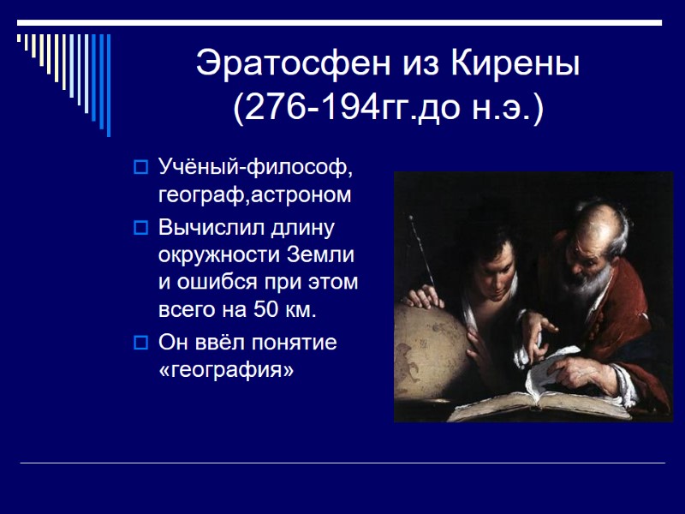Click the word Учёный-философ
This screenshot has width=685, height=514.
coord(255,164)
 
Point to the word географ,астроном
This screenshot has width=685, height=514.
coord(254,194)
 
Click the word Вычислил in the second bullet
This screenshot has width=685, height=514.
coord(206,228)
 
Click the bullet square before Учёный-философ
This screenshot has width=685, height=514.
coord(141,165)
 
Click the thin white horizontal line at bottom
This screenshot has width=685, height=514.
coord(342,463)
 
